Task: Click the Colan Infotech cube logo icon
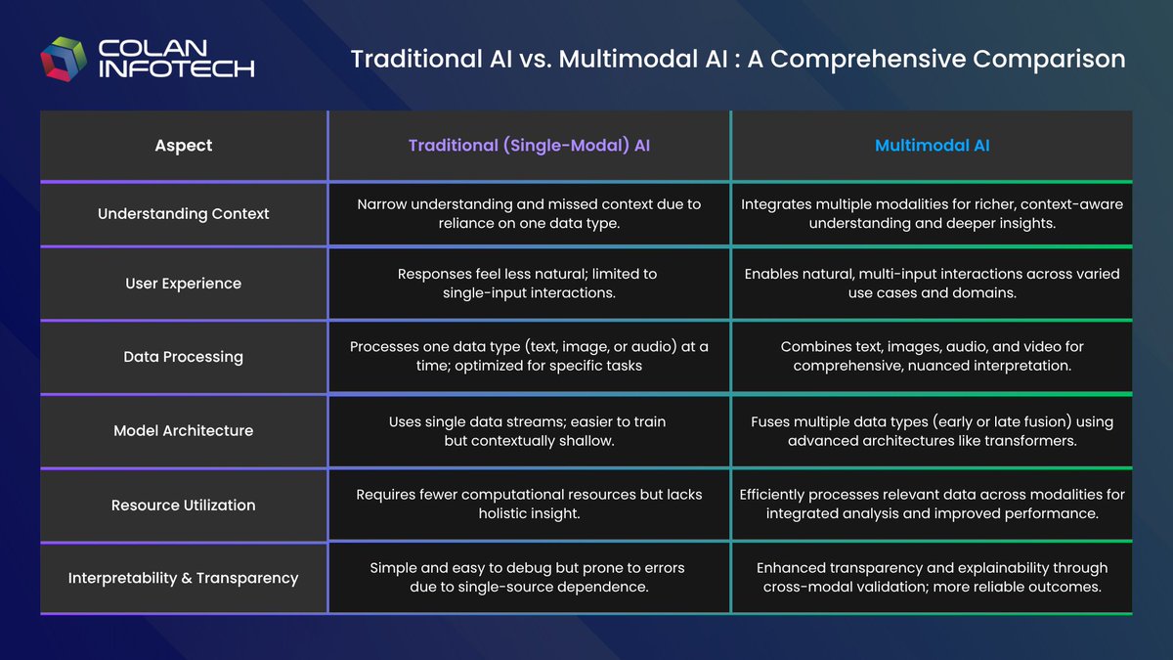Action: pos(64,59)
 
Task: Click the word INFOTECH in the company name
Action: pos(177,68)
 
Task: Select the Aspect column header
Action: pos(183,146)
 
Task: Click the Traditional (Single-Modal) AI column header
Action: pos(529,146)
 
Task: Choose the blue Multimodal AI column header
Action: pos(932,146)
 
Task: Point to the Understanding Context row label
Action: pos(183,213)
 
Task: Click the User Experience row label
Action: pos(183,284)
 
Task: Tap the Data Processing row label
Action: pos(183,357)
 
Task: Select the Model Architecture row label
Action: pos(183,430)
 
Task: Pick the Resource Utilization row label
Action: pos(183,505)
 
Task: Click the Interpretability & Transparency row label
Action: pos(183,578)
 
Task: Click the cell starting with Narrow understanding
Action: pos(529,213)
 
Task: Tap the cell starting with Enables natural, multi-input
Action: pos(932,284)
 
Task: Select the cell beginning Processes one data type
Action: pos(529,357)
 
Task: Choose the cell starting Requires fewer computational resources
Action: pos(529,504)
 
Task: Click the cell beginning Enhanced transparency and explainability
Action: pos(932,577)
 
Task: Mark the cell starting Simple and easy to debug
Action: pos(529,577)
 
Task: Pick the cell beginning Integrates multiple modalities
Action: pos(932,213)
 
